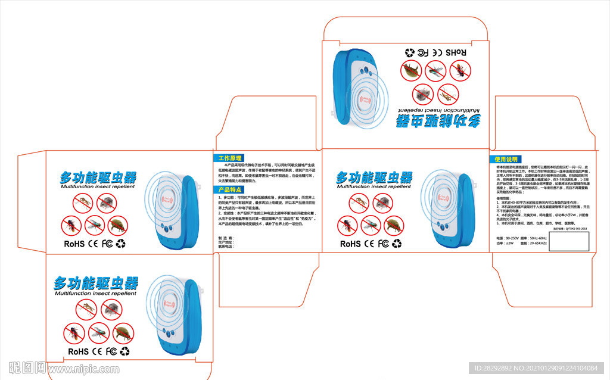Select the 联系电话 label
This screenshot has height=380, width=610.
point(225,246)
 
